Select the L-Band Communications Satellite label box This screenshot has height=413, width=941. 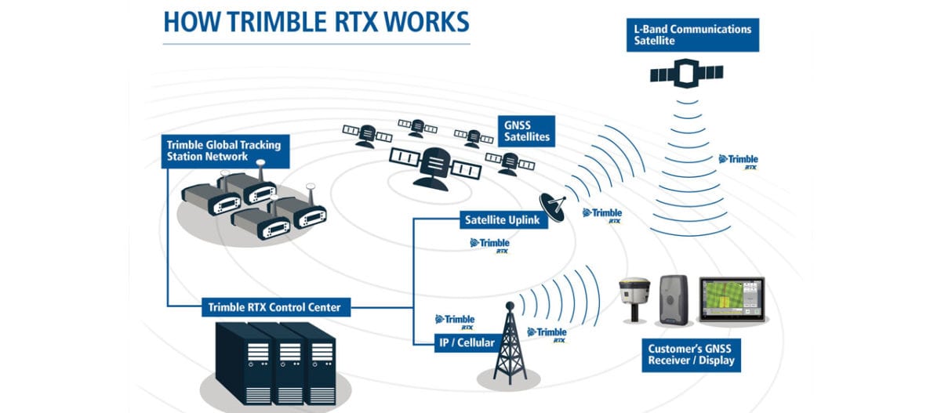(x=692, y=34)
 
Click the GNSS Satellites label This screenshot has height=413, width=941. (x=526, y=130)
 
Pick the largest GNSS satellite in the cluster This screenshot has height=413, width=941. (x=434, y=167)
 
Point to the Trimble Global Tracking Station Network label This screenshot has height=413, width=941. (x=223, y=150)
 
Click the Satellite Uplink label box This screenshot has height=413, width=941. (x=502, y=220)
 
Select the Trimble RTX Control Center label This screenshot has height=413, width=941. (x=274, y=307)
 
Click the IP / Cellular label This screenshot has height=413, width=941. (x=465, y=342)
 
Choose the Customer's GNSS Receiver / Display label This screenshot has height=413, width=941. (x=691, y=355)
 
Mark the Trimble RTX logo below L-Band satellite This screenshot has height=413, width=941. (x=739, y=161)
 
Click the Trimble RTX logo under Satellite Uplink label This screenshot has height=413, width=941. (x=491, y=245)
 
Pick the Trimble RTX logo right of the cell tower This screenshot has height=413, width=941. (x=548, y=335)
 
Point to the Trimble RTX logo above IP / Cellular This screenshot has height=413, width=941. (x=456, y=321)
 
